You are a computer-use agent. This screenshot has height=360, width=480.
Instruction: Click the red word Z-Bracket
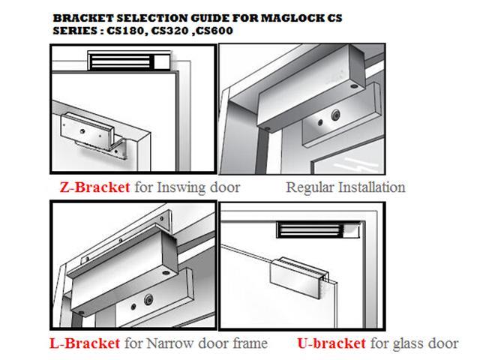94,187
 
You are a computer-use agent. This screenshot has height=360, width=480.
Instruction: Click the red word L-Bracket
83,344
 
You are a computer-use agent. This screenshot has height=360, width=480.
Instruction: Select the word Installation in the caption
372,187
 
